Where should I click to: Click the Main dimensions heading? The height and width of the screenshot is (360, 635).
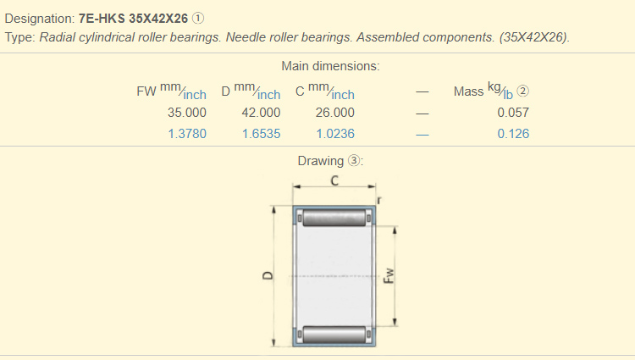click(330, 66)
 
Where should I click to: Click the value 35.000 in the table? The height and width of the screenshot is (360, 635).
click(187, 112)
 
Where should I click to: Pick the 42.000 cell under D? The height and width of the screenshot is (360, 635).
click(261, 112)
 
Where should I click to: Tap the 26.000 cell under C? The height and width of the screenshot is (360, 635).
click(335, 112)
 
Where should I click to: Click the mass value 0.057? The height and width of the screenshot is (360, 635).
click(513, 112)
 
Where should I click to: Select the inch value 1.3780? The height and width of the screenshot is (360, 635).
click(187, 133)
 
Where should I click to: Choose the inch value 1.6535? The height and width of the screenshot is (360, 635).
click(261, 133)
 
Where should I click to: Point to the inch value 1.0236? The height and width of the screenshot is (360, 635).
click(335, 133)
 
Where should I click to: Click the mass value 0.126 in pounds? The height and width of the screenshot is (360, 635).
click(513, 133)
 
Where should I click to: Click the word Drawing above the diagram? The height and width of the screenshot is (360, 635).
click(320, 161)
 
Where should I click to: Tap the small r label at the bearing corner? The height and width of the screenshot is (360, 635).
click(378, 201)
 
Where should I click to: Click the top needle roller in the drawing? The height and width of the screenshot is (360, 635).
click(334, 219)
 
